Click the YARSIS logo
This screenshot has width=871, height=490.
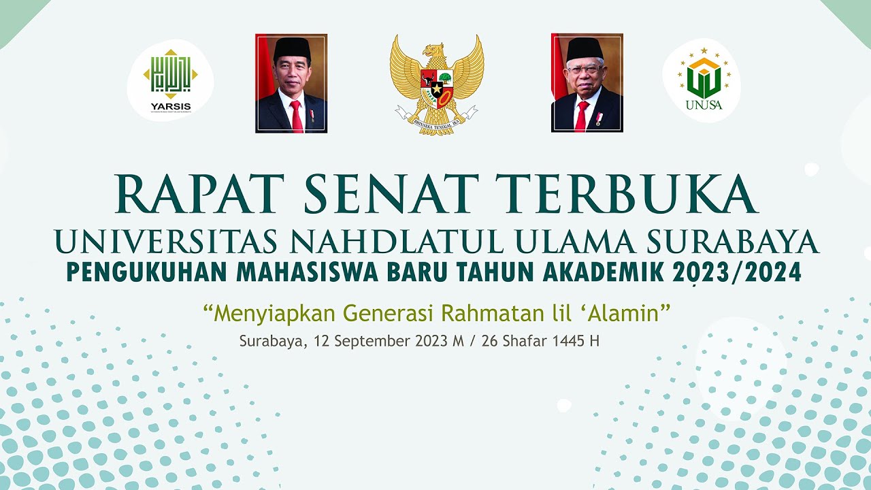pos(171,81)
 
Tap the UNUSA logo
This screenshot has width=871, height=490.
pos(702,82)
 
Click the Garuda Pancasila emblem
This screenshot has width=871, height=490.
pos(437,84)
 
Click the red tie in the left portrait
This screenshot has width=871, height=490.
pos(296,116)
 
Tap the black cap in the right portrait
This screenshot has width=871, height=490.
pos(585,48)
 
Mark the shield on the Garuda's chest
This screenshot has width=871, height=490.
pos(437,87)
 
